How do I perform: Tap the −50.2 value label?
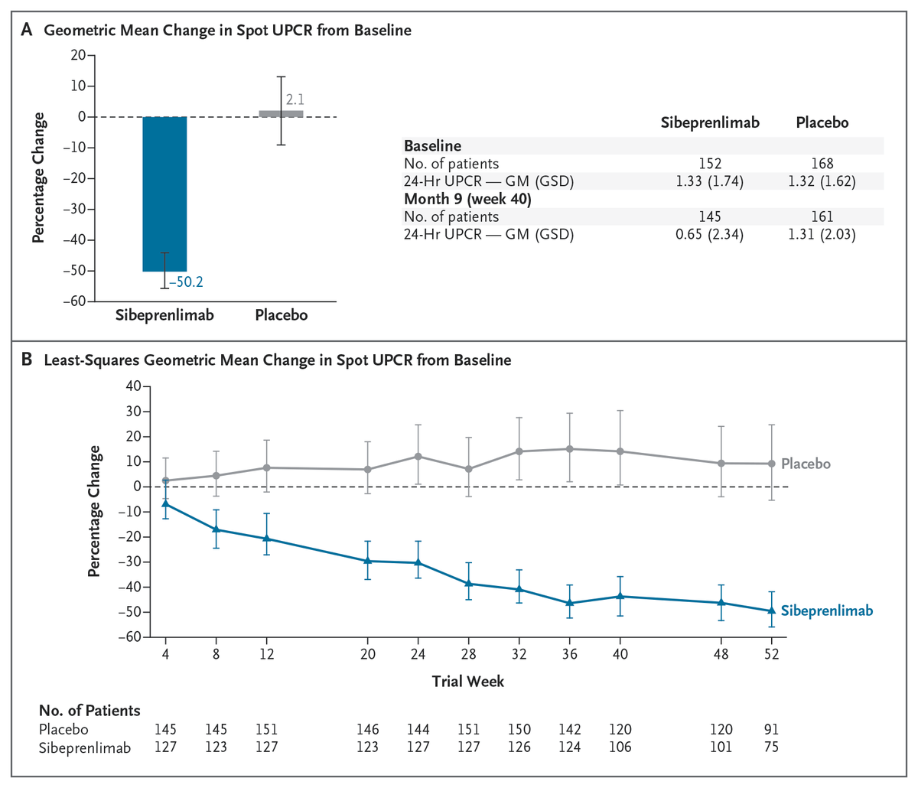(x=186, y=282)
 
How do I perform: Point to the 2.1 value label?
(x=295, y=99)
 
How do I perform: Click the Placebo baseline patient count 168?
(x=822, y=163)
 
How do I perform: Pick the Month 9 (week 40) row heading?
(x=467, y=199)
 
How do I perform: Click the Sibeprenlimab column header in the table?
(x=710, y=122)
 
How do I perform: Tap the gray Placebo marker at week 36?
(x=570, y=449)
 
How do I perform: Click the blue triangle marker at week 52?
(x=772, y=611)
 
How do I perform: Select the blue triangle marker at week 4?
(x=165, y=504)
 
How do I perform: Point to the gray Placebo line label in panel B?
(x=806, y=464)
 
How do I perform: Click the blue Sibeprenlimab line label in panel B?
(x=826, y=611)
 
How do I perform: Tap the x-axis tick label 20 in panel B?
(x=367, y=655)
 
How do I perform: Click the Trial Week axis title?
(x=467, y=681)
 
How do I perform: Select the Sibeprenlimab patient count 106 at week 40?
(x=620, y=747)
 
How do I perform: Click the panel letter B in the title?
(x=27, y=360)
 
